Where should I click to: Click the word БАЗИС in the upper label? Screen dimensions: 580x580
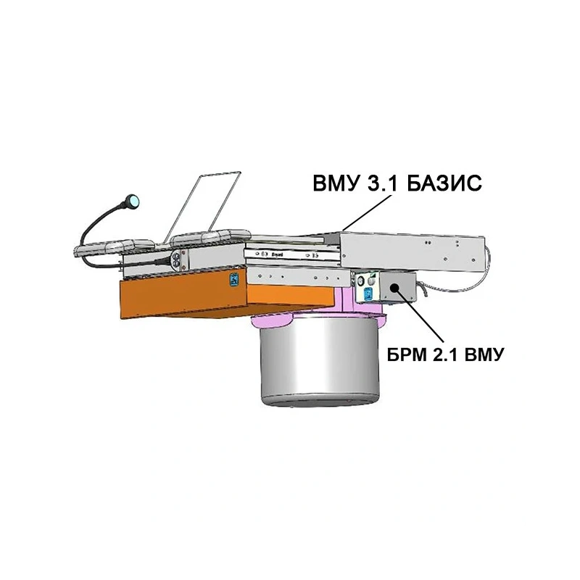[444, 183]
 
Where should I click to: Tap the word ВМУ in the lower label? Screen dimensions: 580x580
[484, 355]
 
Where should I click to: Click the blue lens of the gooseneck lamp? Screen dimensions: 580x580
[133, 202]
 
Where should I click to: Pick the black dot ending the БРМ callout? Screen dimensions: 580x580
[394, 286]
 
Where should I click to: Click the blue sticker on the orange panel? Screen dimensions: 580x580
[233, 279]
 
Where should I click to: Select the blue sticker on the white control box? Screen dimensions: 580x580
[368, 294]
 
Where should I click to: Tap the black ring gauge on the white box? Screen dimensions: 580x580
[360, 282]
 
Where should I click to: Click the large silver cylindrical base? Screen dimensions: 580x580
[320, 362]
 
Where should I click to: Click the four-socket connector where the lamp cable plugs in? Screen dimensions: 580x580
[177, 259]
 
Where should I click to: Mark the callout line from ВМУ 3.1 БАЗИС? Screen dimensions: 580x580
[366, 212]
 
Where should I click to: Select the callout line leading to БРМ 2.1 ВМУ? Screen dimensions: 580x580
[419, 315]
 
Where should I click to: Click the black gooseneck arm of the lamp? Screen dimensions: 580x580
[100, 229]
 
